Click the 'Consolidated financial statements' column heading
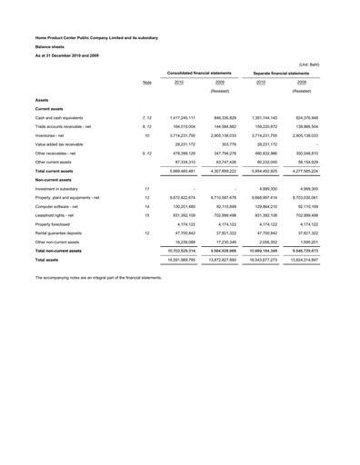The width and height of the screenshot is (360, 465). pos(199,72)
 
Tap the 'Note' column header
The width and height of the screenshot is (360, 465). pos(147,83)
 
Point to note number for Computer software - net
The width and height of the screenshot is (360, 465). pos(147,205)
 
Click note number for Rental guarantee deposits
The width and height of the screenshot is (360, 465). pos(147,232)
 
